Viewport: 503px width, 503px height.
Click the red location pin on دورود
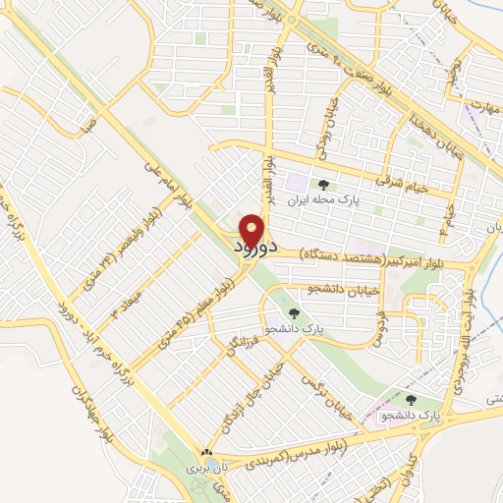251,230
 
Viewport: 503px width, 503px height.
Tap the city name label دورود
252,251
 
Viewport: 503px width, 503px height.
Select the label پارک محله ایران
323,196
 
